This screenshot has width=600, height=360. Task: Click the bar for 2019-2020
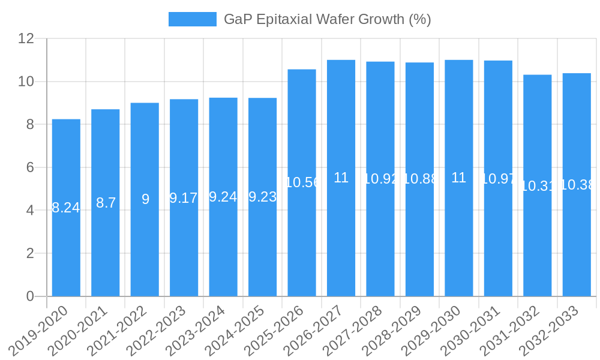coord(66,240)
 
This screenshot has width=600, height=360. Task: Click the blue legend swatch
coord(192,19)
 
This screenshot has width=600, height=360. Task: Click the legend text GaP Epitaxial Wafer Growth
coord(327,19)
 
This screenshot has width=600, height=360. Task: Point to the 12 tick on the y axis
coord(26,38)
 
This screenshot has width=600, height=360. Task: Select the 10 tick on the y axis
coord(26,82)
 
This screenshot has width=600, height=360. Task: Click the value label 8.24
coord(66,208)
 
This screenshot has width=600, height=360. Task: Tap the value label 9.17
coord(184,198)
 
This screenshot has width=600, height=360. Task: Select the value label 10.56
coord(302,182)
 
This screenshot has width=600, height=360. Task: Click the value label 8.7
coord(106,203)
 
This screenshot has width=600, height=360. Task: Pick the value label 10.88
coord(419,179)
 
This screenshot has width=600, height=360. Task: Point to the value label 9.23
coord(262,197)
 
